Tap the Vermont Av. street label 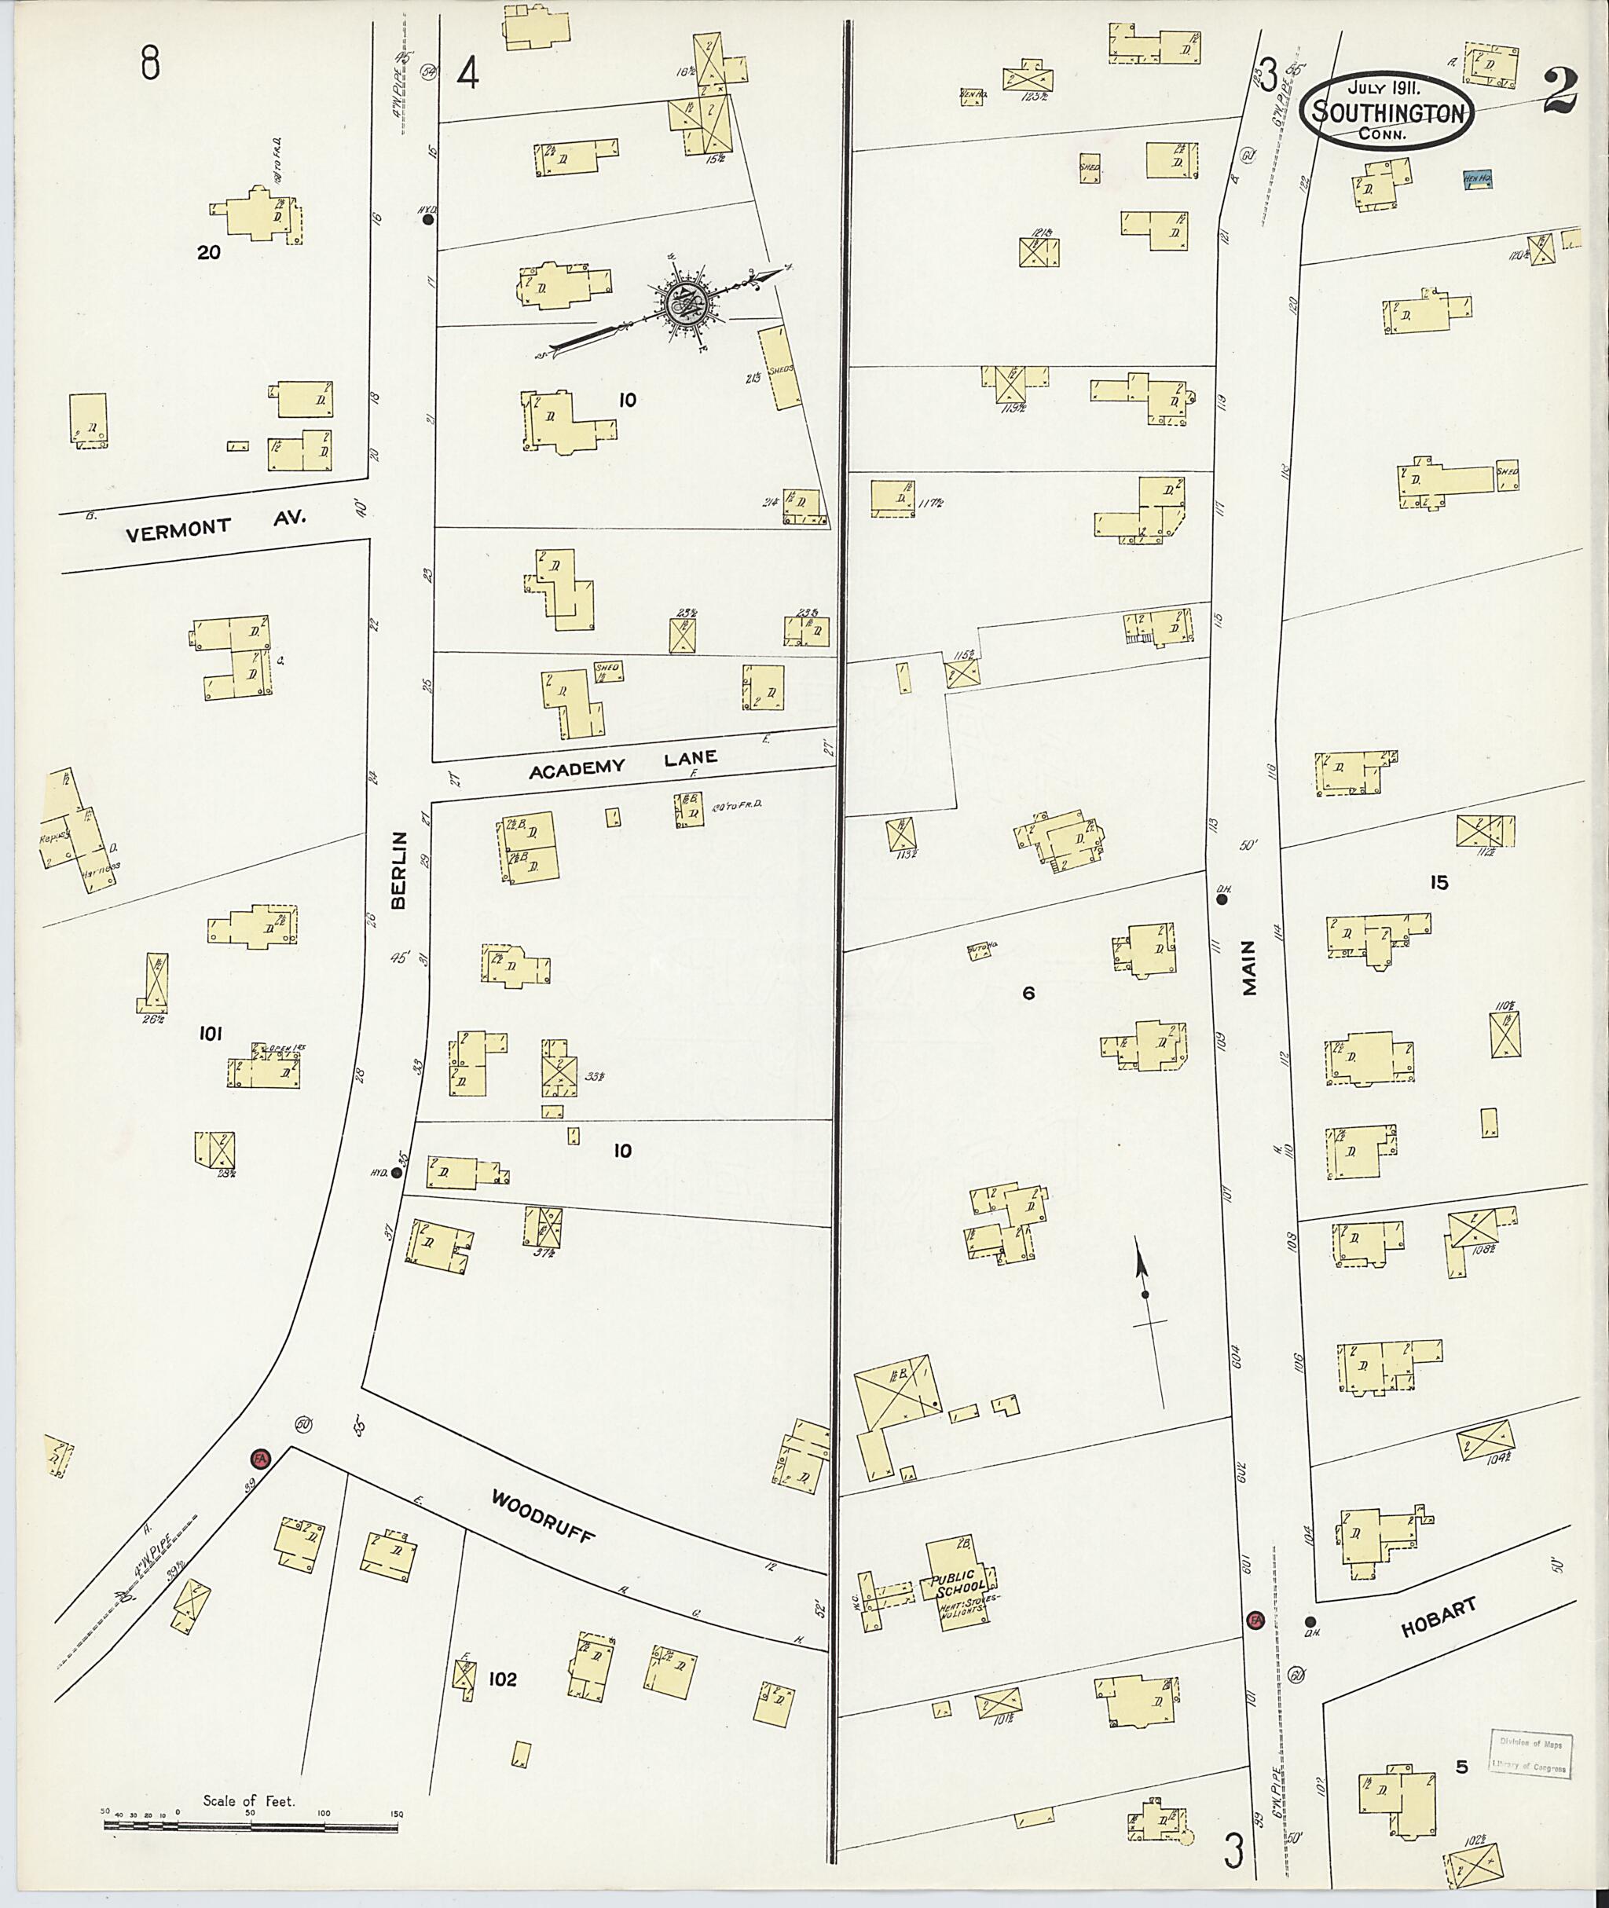pos(217,526)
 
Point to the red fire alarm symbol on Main pos(1254,1620)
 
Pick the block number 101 pos(211,1034)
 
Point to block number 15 pos(1439,882)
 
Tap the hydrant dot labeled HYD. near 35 pos(396,1174)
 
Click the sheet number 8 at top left pos(152,64)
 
